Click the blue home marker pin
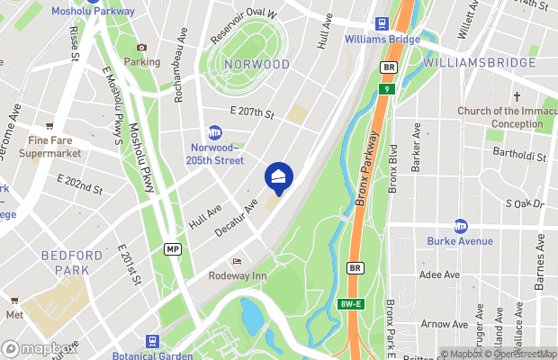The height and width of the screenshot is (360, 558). (279, 176)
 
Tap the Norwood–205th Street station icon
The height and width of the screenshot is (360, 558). (215, 132)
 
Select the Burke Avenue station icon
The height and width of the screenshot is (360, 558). (461, 226)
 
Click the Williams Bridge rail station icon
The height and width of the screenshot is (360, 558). (381, 24)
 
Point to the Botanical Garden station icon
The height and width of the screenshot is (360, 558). (153, 341)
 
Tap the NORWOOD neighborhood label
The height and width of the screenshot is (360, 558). (256, 65)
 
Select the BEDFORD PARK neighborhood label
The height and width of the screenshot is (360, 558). (66, 263)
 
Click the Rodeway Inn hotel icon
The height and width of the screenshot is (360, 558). (237, 261)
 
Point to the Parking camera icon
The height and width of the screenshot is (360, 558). (141, 48)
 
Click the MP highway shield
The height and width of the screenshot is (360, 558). (173, 247)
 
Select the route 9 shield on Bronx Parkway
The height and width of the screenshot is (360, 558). (385, 89)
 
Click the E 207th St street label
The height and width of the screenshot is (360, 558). (251, 112)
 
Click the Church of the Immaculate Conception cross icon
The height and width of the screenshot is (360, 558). (517, 96)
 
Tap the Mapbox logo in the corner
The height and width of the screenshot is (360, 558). (38, 348)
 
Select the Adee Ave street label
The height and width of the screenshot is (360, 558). (440, 274)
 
